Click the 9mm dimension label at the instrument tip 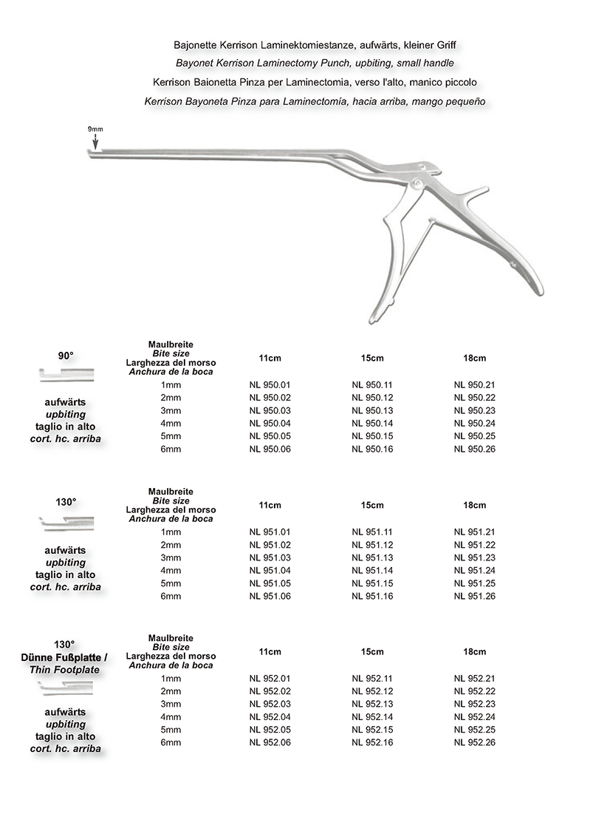coord(95,129)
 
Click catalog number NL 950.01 coord(270,385)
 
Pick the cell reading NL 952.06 coord(270,742)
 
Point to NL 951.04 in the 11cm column coord(270,571)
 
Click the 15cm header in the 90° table coord(372,359)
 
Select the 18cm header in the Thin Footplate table coord(475,652)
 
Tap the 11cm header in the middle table coord(270,506)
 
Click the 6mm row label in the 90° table coord(171,450)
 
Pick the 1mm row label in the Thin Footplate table coord(171,678)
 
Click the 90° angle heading coord(66,356)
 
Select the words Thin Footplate coord(65,670)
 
